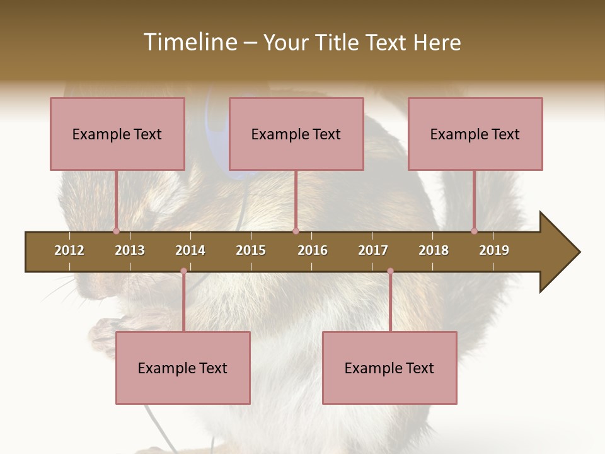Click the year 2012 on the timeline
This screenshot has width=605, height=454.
coord(69,250)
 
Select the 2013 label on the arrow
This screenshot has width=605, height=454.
coord(130,250)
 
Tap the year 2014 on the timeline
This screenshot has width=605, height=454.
coord(190,250)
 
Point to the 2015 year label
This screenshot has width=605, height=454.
coord(251,250)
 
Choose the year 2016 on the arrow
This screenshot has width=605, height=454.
coord(313,250)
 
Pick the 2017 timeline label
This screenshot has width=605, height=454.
coord(373,250)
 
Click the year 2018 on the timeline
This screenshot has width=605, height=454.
coord(434,250)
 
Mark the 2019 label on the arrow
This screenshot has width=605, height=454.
coord(494,250)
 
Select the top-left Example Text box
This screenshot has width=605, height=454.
coord(117,134)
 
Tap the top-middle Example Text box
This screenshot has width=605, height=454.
coord(296,134)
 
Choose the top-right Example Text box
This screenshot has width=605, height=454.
coord(475,134)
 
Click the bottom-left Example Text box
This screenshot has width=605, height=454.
coord(183,368)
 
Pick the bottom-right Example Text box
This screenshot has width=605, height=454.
coord(389,368)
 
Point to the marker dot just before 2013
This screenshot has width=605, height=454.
coord(116,231)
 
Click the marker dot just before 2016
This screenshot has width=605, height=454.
coord(296,231)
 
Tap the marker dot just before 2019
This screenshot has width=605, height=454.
coord(474,231)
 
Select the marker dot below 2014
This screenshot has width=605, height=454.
coord(183,271)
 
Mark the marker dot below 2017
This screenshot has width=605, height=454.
coord(390,271)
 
